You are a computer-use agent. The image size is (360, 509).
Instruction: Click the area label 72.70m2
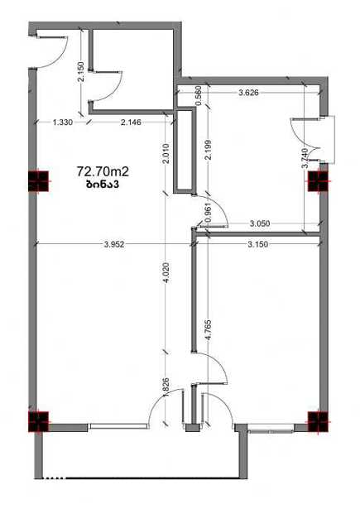point(103,171)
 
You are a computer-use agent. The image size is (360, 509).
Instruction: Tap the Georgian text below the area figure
point(103,185)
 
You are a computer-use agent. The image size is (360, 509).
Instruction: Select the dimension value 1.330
point(63,122)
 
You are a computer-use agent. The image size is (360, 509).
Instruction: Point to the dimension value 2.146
point(131,122)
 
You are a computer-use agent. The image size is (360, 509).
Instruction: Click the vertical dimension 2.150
point(81,72)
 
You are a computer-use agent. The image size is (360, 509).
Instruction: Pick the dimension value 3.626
point(248,93)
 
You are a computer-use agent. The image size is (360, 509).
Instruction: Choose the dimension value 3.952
point(114,244)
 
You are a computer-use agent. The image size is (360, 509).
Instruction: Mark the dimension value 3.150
point(258,244)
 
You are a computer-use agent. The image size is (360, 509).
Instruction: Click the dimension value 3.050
point(260,223)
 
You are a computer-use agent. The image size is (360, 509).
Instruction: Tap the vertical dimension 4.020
point(166,272)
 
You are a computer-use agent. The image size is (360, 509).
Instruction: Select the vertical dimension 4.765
point(209,329)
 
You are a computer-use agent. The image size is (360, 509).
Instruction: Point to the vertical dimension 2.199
point(209,149)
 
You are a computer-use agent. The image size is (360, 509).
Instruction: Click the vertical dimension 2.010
point(166,154)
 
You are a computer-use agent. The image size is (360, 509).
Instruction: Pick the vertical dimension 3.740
point(305,158)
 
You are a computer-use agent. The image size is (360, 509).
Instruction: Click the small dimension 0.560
point(199,95)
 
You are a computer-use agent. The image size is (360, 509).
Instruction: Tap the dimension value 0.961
point(209,213)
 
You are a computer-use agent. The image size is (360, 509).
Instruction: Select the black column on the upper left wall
point(39,181)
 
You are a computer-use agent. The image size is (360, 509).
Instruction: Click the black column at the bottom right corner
point(318,421)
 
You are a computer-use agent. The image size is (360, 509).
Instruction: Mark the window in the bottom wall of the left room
point(118,426)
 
